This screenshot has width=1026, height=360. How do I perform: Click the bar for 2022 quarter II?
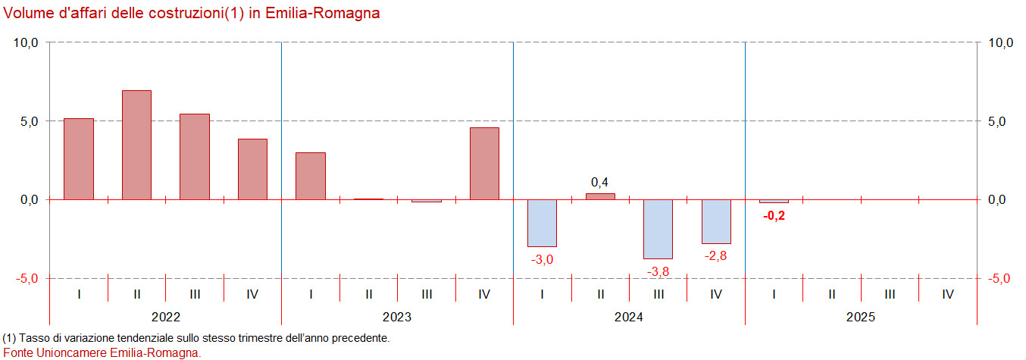[x=136, y=145]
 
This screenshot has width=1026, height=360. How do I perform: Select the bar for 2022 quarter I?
[x=79, y=159]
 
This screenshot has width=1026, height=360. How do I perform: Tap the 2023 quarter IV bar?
[x=484, y=164]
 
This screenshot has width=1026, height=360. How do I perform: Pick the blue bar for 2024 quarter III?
[x=658, y=229]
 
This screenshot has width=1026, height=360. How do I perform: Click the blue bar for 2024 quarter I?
[x=542, y=223]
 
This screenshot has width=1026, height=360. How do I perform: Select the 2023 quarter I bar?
[x=311, y=176]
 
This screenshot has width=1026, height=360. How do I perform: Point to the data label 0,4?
[x=599, y=182]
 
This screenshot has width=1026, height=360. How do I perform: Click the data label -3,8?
[x=658, y=271]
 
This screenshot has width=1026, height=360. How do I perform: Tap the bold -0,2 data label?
[x=773, y=215]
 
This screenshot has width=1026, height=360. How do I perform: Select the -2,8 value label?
[x=716, y=256]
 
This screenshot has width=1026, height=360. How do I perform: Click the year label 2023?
[x=397, y=317]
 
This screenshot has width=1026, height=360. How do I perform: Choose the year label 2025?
[x=861, y=317]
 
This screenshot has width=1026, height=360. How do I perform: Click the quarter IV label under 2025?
[x=947, y=294]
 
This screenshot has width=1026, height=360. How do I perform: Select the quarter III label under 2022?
[x=195, y=294]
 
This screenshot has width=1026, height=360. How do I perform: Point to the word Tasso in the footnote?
[x=35, y=337]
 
